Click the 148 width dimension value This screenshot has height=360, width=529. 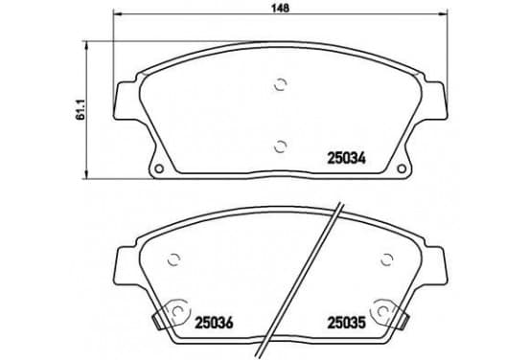[x=281, y=8]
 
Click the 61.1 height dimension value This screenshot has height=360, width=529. [x=80, y=110]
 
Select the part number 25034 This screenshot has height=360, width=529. [x=347, y=158]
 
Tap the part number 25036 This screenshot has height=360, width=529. [x=214, y=323]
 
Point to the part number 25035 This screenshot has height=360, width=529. [x=347, y=323]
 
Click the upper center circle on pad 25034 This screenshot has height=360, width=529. [x=281, y=85]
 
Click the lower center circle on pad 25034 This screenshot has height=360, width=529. [x=281, y=146]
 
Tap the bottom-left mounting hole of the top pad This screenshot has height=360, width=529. [x=158, y=169]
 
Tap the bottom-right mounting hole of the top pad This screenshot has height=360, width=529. [x=402, y=169]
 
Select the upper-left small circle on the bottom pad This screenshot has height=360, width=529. [x=174, y=259]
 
